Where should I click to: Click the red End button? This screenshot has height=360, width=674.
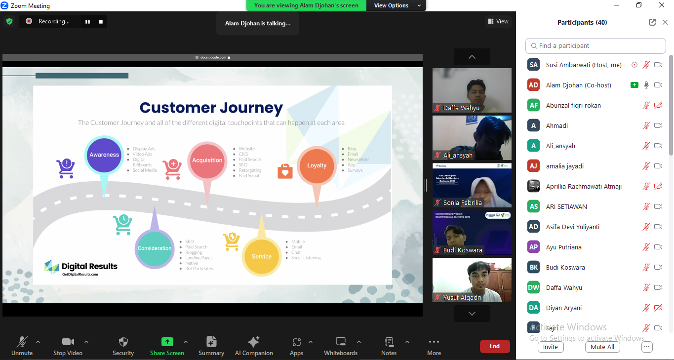495,346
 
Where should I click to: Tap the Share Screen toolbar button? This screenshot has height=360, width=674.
167,346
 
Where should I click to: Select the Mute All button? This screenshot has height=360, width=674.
602,347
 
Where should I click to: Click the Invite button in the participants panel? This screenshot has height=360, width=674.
550,347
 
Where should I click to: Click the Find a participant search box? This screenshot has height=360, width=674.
595,46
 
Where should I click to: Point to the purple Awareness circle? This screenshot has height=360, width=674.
104,155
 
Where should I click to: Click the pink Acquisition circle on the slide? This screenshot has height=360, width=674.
207,160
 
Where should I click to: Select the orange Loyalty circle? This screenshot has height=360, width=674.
317,165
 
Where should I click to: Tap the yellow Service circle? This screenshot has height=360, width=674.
262,256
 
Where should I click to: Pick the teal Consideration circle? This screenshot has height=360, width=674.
155,248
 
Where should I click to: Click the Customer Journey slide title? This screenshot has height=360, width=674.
211,108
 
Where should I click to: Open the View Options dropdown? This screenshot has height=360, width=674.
396,5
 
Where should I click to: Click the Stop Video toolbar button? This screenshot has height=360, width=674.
68,346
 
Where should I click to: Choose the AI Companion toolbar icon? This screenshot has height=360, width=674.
254,346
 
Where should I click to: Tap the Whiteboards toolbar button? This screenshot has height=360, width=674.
341,346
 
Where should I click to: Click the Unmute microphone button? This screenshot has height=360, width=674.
22,346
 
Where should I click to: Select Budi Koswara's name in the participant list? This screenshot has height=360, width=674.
565,267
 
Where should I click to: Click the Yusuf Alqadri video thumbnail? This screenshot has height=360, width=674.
472,280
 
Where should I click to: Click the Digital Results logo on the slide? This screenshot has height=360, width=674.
81,267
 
